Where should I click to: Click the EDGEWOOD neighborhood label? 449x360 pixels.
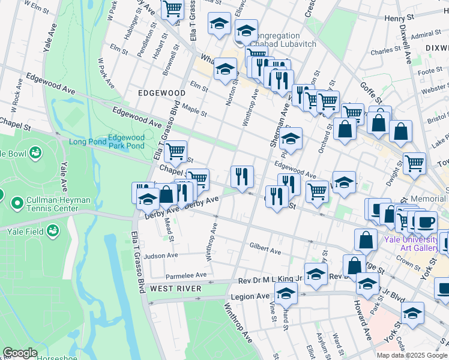coord(161,93)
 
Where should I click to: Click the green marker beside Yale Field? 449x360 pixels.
coord(53,230)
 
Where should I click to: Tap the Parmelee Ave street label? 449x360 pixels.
coord(186,275)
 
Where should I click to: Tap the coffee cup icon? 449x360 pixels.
coord(426,223)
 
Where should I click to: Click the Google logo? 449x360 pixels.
coord(20,353)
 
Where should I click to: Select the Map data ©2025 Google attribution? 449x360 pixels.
coord(411,355)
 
